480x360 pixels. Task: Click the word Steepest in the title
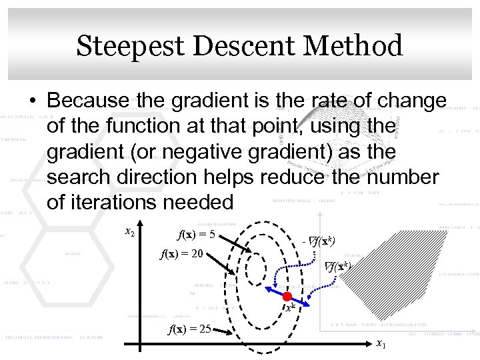pos(129,47)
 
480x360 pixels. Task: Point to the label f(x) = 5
pos(195,235)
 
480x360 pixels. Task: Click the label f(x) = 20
pos(181,254)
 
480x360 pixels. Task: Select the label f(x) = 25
pos(190,329)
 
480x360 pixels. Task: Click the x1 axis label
pos(380,344)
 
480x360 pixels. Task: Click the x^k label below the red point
pos(289,308)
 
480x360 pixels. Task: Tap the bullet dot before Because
pos(32,101)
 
